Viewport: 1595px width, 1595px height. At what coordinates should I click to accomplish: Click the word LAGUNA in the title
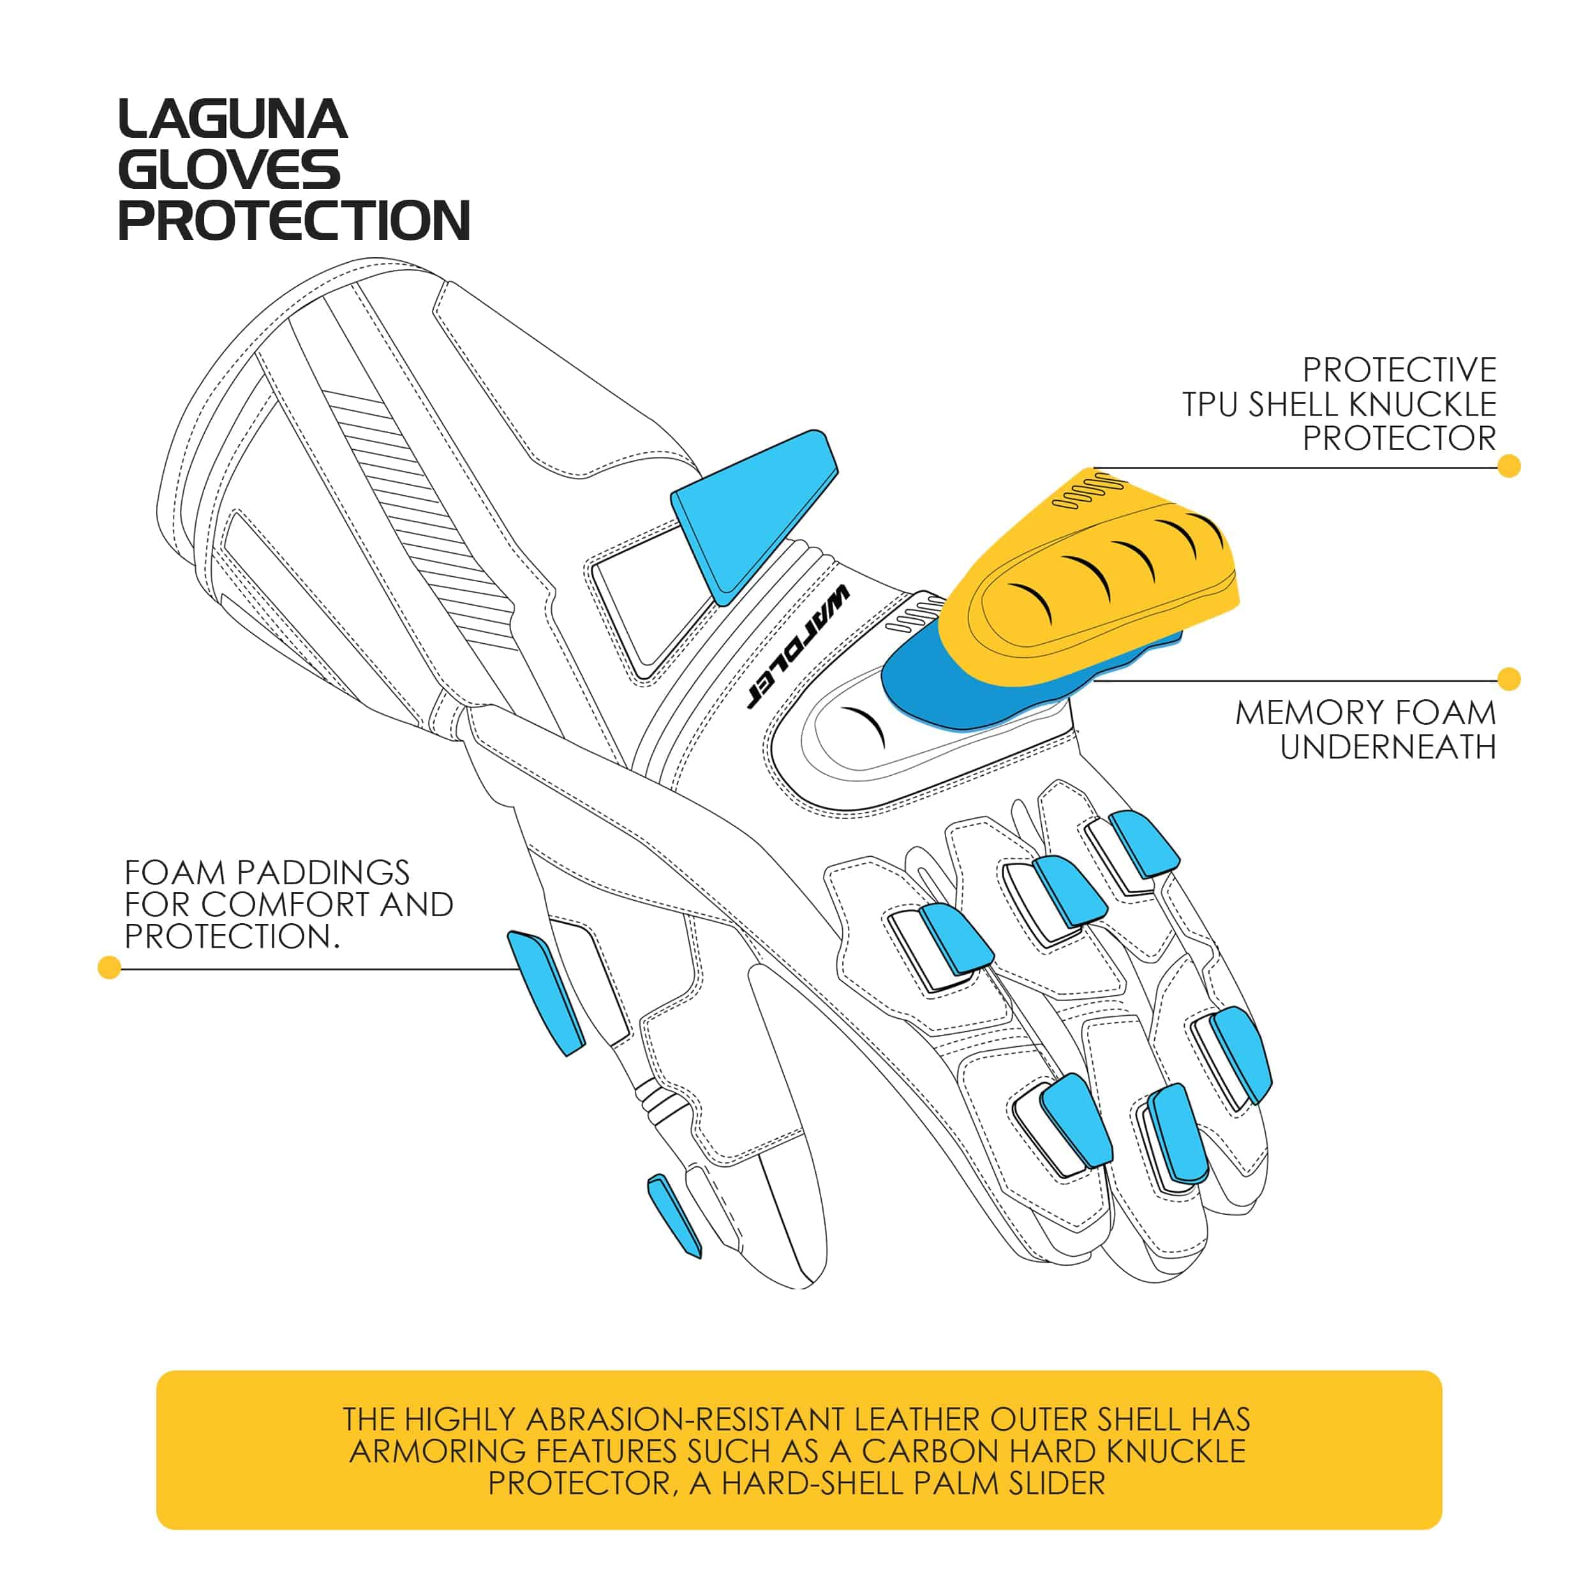pos(233,120)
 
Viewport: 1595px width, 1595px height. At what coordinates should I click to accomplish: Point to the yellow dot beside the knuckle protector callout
pos(1508,466)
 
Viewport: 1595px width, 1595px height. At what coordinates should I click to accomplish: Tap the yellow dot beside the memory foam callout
pos(1508,679)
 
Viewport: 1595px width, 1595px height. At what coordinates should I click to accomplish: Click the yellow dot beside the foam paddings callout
pos(109,968)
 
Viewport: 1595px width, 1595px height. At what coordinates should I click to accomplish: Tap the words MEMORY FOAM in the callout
pos(1365,713)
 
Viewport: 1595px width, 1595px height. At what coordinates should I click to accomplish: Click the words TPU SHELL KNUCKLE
pos(1339,404)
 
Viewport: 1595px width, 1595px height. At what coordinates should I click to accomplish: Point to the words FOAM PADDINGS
pos(267,873)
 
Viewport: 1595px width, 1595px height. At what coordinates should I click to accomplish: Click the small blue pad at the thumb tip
pos(674,1216)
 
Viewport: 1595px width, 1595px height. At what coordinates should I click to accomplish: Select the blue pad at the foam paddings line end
pos(545,992)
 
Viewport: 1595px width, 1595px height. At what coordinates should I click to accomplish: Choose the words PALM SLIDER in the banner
pos(1009,1483)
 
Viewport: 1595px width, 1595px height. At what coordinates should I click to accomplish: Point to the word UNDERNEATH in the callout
pos(1388,747)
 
